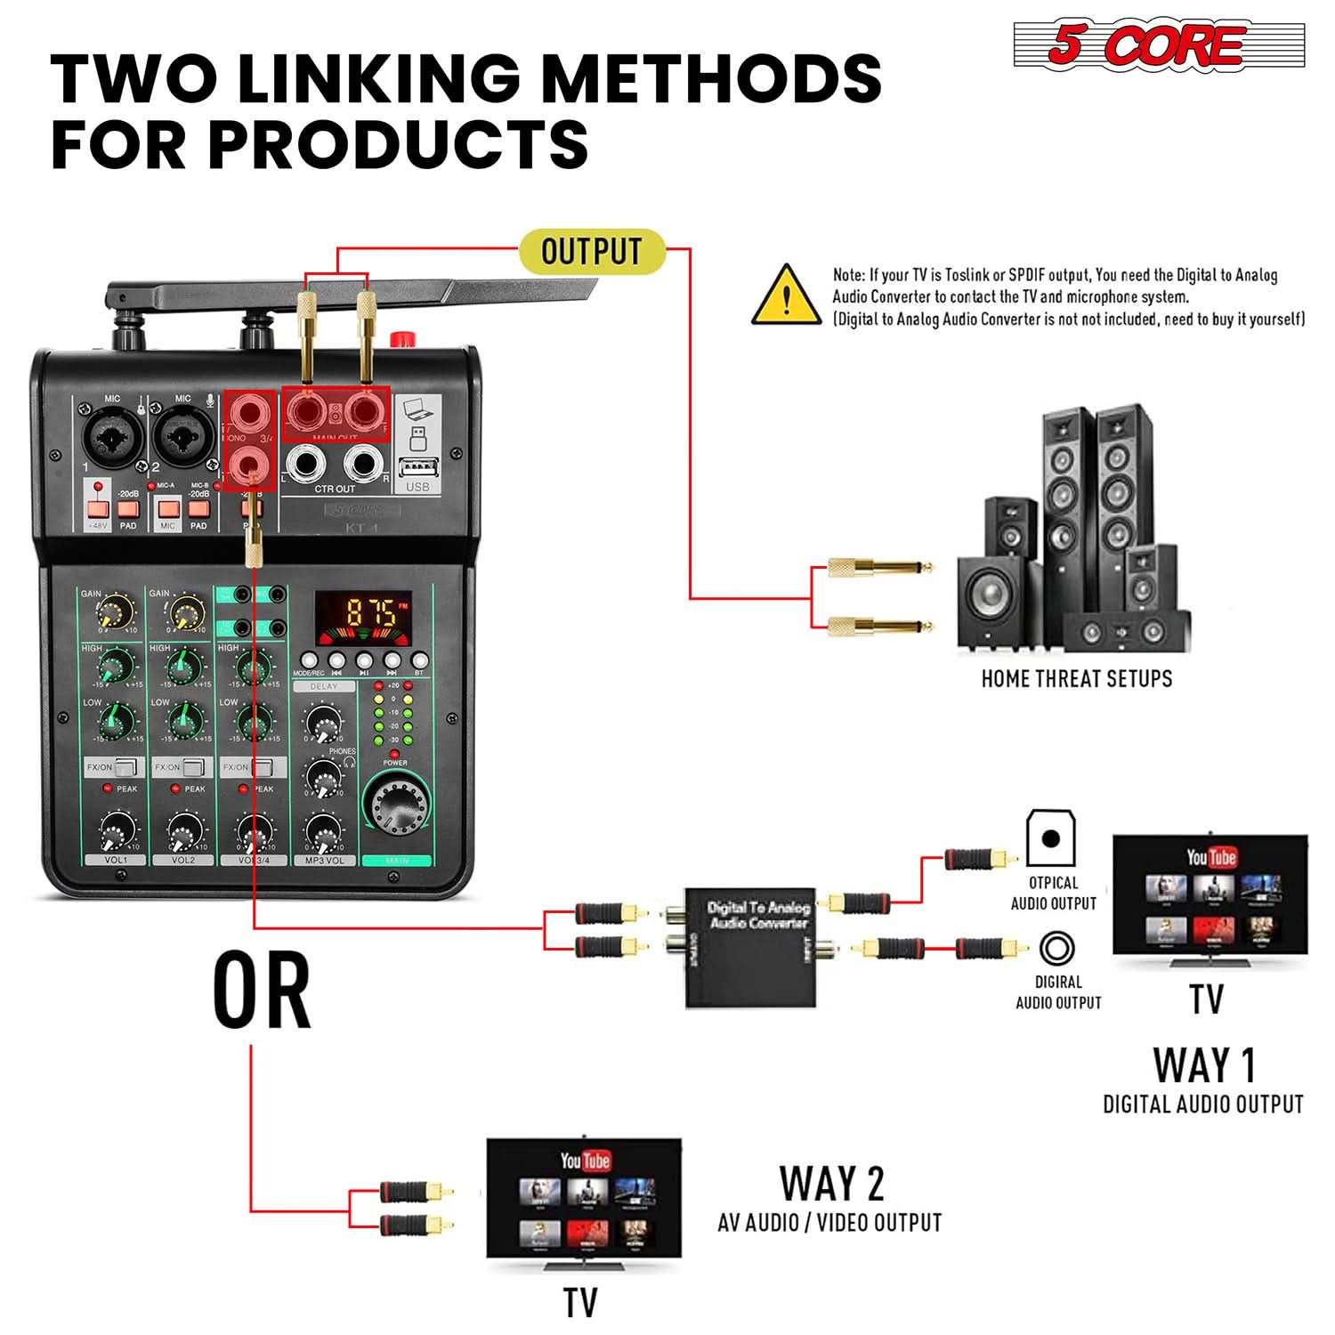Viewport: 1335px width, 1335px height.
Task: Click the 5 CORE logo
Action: coord(1158,44)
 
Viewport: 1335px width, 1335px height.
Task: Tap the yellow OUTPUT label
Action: coord(592,251)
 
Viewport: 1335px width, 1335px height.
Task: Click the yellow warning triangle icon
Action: coord(785,296)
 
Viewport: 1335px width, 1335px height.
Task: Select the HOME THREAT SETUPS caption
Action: coord(1076,679)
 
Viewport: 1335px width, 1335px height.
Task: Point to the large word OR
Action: coord(262,991)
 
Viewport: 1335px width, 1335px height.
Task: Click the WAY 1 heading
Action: coord(1203,1065)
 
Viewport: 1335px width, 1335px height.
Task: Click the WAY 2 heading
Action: coord(831,1185)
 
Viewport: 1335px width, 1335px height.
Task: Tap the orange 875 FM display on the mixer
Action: coord(364,613)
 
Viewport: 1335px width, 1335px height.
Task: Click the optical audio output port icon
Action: coord(1051,837)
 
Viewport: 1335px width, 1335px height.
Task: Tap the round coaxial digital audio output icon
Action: coord(1056,949)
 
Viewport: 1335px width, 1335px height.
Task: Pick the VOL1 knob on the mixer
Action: coord(116,832)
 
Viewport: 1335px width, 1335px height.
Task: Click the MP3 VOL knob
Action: coord(324,832)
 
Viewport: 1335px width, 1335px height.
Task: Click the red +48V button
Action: coord(98,509)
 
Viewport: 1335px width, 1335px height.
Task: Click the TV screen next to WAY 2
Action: coord(584,1197)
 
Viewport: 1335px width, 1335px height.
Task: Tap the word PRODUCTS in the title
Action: coord(398,143)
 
